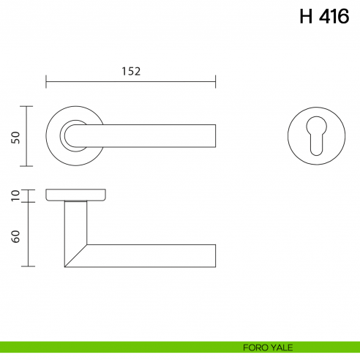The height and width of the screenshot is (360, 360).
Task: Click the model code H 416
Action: coord(324,17)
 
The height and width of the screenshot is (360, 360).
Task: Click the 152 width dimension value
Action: coord(130,71)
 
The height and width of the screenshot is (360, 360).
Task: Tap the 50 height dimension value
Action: coord(15,137)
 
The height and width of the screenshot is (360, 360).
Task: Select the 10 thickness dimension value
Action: coord(15,195)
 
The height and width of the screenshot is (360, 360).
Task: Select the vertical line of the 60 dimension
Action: coord(28,234)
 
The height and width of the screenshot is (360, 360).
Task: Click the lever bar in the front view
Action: coord(146,136)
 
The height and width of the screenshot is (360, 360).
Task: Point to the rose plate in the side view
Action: coord(75,194)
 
